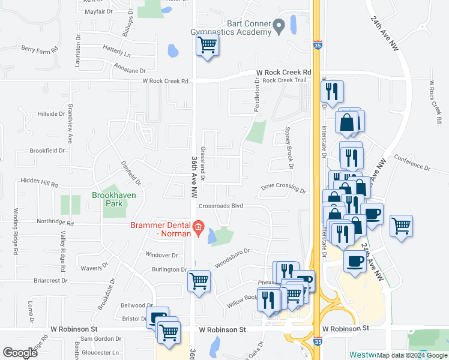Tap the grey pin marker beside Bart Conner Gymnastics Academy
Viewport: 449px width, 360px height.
279,26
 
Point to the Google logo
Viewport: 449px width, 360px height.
20,353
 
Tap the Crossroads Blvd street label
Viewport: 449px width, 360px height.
220,205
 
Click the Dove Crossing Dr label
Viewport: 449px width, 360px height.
283,188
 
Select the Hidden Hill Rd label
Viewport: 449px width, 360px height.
40,181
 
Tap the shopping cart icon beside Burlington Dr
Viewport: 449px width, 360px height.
199,281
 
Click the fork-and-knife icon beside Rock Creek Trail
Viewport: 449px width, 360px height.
332,92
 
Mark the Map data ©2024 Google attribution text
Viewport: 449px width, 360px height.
412,355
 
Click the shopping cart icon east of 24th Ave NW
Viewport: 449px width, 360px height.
401,226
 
